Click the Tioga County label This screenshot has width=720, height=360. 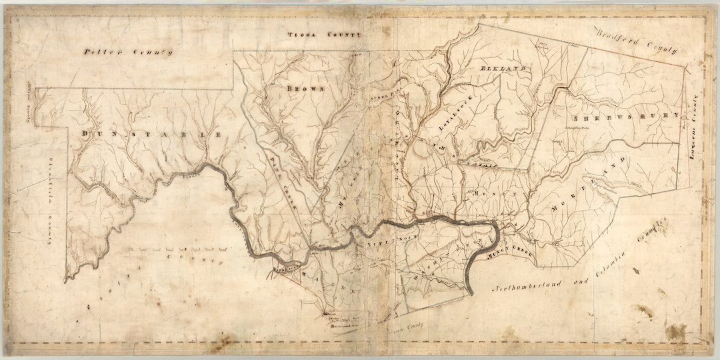coord(323,34)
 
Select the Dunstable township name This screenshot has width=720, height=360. coord(152,135)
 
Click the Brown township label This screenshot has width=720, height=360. coord(305,88)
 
